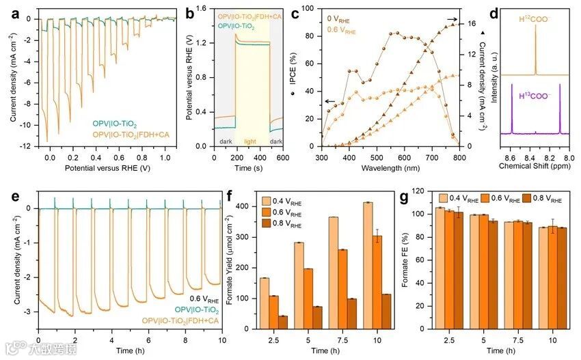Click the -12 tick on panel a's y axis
(24, 147)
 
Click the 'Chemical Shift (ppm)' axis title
(535, 166)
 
